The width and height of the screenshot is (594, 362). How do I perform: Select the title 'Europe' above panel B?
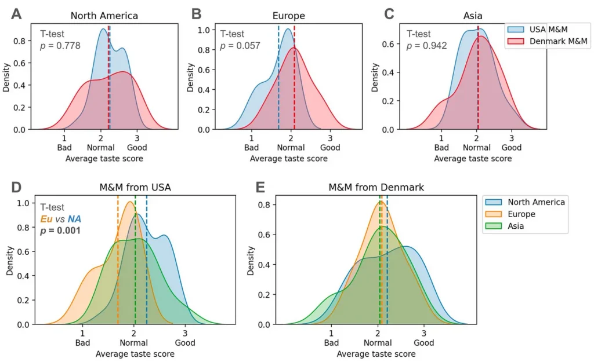pyautogui.click(x=288, y=16)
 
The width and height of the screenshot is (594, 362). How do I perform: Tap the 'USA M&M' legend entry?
pyautogui.click(x=547, y=29)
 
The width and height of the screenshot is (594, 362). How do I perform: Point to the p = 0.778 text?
pyautogui.click(x=60, y=46)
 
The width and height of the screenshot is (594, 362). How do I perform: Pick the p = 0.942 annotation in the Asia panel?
pyautogui.click(x=426, y=46)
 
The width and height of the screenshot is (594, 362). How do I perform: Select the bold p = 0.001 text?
pyautogui.click(x=60, y=231)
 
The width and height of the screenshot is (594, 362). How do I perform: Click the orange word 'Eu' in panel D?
pyautogui.click(x=46, y=218)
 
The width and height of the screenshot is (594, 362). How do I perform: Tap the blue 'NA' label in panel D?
pyautogui.click(x=74, y=218)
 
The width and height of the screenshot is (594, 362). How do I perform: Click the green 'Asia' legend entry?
pyautogui.click(x=516, y=226)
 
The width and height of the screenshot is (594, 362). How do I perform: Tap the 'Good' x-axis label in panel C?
pyautogui.click(x=511, y=148)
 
